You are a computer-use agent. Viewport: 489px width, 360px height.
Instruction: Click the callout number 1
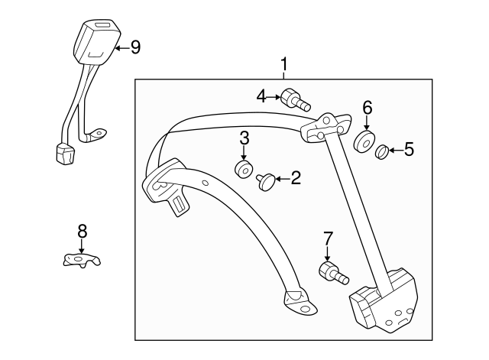coord(284,66)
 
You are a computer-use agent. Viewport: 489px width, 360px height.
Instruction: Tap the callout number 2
coord(296,179)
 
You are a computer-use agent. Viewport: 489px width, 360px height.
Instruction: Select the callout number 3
coord(244,138)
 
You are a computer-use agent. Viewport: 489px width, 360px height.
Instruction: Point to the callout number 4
coord(261,96)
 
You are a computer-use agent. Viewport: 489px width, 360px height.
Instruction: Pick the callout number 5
coord(409,149)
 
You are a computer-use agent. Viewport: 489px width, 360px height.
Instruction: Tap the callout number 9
coord(135,47)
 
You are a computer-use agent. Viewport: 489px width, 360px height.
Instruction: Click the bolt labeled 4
coord(293,99)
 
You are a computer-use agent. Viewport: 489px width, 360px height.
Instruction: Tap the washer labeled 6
coord(363,141)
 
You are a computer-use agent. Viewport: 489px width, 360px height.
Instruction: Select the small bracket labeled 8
coord(82,260)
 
